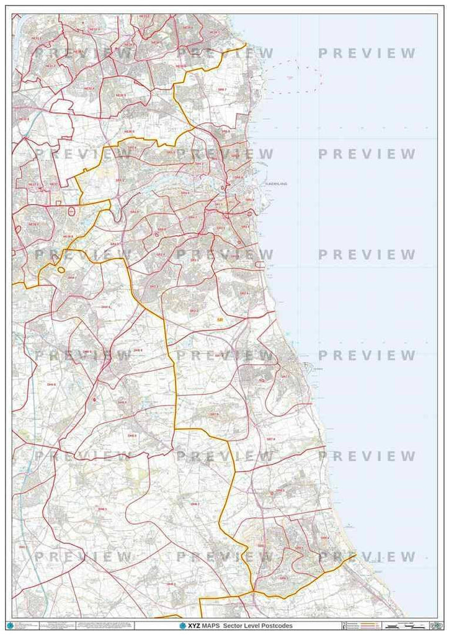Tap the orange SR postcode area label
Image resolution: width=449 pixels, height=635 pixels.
tap(220, 320)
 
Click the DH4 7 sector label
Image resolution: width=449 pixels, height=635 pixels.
tap(73, 278)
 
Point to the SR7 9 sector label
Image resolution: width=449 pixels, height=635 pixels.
tap(215, 414)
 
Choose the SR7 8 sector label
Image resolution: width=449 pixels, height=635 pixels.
tap(270, 439)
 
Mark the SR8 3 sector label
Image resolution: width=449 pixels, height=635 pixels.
tap(281, 491)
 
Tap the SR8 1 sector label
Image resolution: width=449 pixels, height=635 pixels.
tap(284, 578)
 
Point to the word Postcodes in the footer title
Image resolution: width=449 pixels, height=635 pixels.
tap(273, 626)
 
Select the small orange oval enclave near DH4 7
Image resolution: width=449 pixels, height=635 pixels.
tap(61, 270)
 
